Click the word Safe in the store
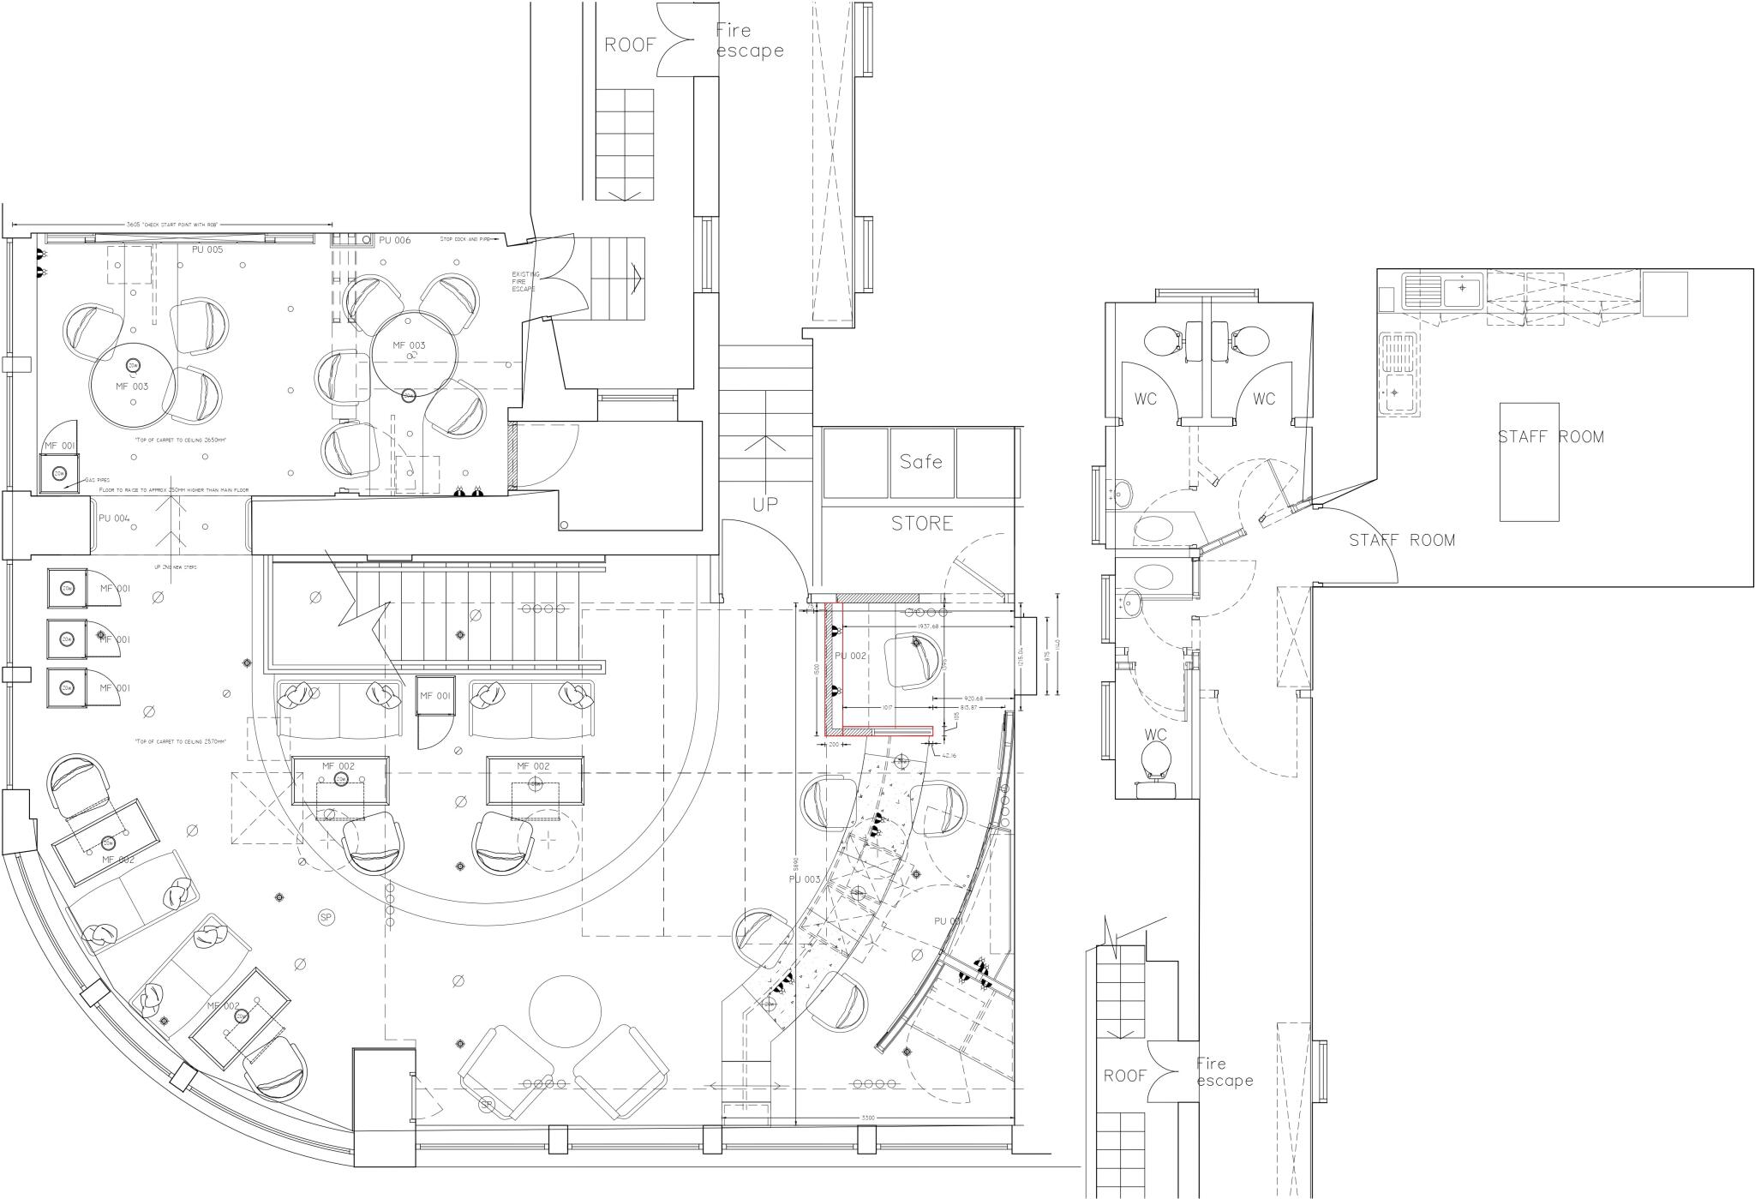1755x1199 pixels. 921,462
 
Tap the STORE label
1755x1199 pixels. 922,523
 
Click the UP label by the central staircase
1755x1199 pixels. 765,506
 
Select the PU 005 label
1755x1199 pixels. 207,249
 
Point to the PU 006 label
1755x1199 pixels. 395,241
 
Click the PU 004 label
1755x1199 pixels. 114,519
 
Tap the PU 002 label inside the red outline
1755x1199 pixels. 851,656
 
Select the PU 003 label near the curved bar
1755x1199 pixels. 805,880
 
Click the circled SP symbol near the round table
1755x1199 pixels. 326,917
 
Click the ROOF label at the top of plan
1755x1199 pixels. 630,45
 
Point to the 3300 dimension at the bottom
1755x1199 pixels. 867,1118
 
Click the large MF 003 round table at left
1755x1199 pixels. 133,386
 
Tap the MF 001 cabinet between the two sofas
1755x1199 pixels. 434,696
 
